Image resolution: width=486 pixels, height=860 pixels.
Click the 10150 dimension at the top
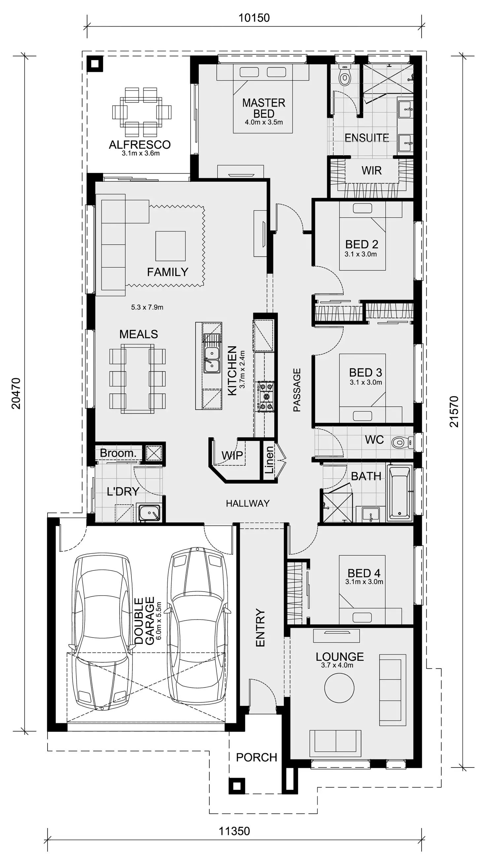coord(254,18)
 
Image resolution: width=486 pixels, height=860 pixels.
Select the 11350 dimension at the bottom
coord(234,831)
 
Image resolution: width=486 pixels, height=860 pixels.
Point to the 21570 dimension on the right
coord(454,411)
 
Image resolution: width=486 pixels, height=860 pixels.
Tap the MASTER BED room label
coord(264,108)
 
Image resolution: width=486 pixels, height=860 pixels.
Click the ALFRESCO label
coord(140,145)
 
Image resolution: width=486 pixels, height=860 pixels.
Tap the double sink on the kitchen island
coord(212,360)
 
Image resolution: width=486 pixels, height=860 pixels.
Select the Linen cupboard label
coord(269,460)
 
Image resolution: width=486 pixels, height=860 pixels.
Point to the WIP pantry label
coord(232,455)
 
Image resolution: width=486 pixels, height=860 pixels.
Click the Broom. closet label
coord(118,453)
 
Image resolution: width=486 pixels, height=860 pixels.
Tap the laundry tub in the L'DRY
coord(149,513)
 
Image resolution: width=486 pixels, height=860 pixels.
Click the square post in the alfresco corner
coord(95,63)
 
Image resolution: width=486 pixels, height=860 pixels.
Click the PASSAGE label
coord(297,390)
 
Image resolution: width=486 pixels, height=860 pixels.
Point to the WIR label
coord(371,171)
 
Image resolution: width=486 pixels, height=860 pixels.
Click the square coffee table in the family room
coord(170,246)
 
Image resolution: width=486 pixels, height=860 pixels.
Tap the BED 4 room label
coord(364,573)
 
